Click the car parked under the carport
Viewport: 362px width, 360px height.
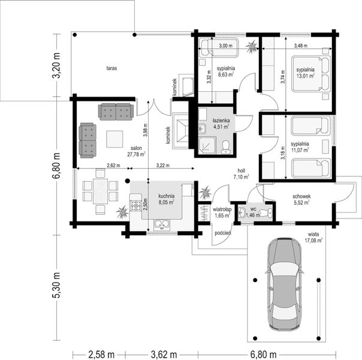[x=284, y=284]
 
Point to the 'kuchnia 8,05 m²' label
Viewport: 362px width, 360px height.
[x=166, y=199]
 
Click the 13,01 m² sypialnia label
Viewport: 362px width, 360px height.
[x=306, y=73]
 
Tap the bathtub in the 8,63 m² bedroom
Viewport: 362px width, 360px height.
[x=218, y=46]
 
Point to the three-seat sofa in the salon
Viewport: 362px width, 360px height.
[x=116, y=111]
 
